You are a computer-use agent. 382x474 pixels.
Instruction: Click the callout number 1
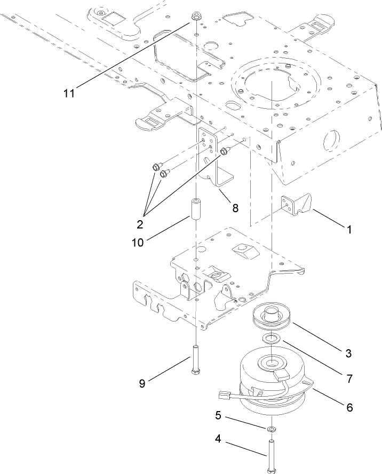point(349,230)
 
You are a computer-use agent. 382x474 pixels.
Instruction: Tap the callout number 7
point(349,379)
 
